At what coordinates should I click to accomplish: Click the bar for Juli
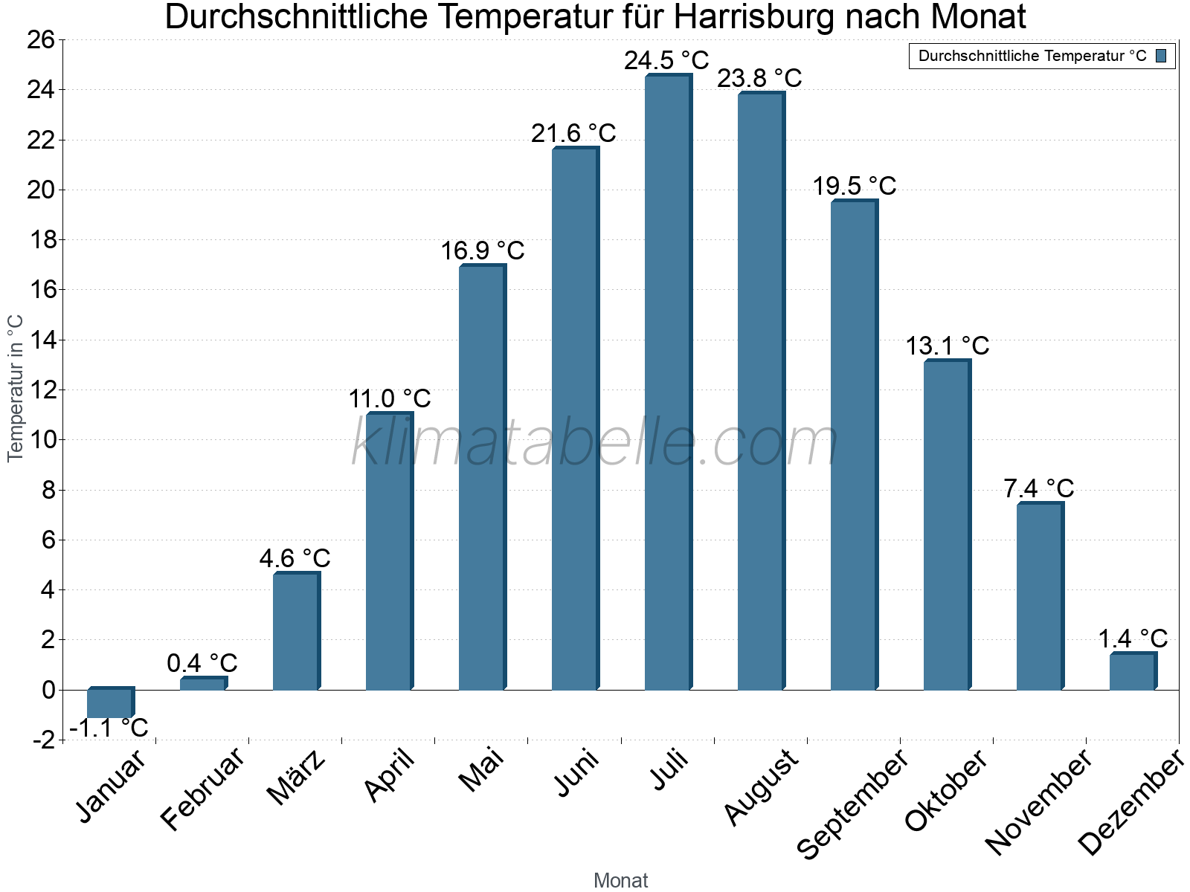click(667, 383)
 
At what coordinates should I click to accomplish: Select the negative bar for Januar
click(109, 703)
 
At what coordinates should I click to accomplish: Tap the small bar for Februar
click(202, 684)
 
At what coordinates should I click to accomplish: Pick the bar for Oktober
click(946, 525)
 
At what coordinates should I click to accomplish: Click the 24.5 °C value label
click(666, 60)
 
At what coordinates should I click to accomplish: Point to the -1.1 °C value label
click(109, 728)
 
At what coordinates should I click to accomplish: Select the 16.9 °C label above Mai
click(483, 251)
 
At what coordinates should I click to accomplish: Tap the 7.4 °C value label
click(1038, 488)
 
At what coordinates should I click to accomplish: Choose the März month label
click(296, 778)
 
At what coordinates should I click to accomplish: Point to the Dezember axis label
click(1130, 803)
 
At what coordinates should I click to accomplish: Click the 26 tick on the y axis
click(41, 40)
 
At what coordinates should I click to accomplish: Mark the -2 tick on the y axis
click(43, 740)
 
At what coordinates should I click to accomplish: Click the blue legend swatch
click(1161, 56)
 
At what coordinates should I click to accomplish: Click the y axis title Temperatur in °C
click(16, 388)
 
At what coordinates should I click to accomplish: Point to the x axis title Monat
click(621, 880)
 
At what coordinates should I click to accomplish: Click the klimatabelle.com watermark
click(595, 443)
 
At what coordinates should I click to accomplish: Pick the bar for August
click(760, 392)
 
